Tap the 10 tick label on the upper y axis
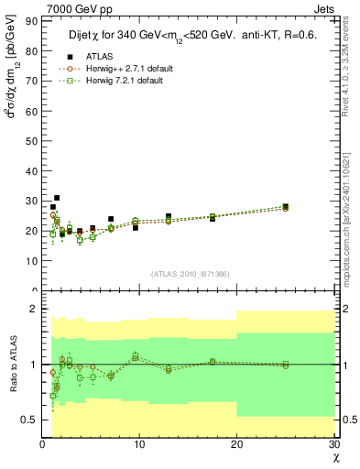pos(31,260)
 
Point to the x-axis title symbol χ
pos(335,457)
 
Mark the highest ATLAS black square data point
pos(57,197)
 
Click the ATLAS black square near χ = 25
pos(286,207)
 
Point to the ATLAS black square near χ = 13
pos(169,217)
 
